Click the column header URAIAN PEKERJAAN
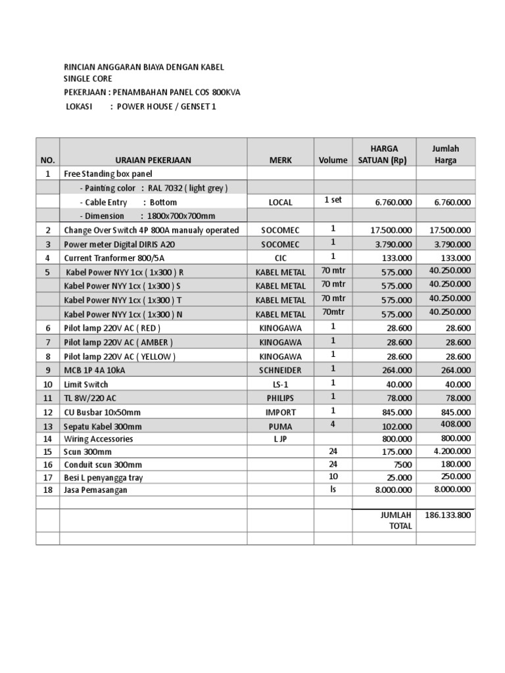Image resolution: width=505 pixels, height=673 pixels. [153, 160]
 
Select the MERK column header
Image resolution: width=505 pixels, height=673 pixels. [280, 160]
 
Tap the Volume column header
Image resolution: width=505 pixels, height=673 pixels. [333, 160]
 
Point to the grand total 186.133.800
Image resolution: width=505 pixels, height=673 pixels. [448, 515]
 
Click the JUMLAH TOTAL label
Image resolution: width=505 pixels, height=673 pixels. [396, 521]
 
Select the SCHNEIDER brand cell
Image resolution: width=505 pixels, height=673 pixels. [280, 371]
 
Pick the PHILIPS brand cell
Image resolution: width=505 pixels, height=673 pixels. [280, 398]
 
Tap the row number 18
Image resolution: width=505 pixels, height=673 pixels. [47, 490]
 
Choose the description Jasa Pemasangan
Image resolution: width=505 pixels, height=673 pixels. [96, 490]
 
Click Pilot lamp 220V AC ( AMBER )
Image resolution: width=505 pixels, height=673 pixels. [118, 342]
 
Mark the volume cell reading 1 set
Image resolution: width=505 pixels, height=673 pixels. [333, 200]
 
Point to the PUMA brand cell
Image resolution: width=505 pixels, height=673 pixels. [280, 427]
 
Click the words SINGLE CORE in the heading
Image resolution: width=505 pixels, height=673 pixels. [87, 79]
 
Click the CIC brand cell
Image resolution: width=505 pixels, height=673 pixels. [280, 258]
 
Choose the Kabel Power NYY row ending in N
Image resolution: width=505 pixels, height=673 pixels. [123, 314]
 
